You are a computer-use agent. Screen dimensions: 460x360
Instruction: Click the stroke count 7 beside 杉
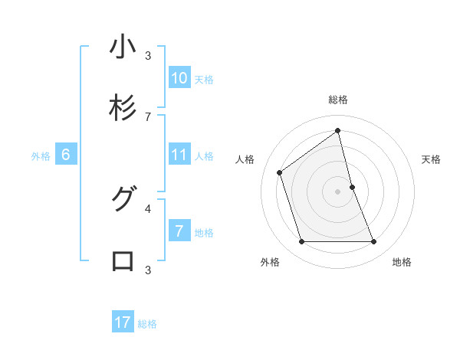tap(148, 116)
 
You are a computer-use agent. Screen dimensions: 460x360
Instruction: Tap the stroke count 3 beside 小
tap(148, 55)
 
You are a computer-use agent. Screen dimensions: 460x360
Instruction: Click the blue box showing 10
tap(179, 78)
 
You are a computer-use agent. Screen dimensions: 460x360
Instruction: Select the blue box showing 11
tap(179, 155)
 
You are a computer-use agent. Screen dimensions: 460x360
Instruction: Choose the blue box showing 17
tap(123, 322)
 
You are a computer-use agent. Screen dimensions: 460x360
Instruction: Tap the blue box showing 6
tap(66, 155)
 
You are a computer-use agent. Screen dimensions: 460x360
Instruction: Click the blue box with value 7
tap(179, 231)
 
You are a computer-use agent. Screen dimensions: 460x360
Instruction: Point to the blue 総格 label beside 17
tap(147, 324)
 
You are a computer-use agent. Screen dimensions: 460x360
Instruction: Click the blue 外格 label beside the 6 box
tap(41, 156)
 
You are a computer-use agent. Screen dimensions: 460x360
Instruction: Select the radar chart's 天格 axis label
tap(431, 159)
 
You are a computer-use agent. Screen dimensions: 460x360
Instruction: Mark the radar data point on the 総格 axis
tap(338, 130)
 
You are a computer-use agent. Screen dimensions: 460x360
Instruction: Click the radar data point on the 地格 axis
tap(374, 242)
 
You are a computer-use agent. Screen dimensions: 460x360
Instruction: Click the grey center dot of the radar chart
tap(338, 191)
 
